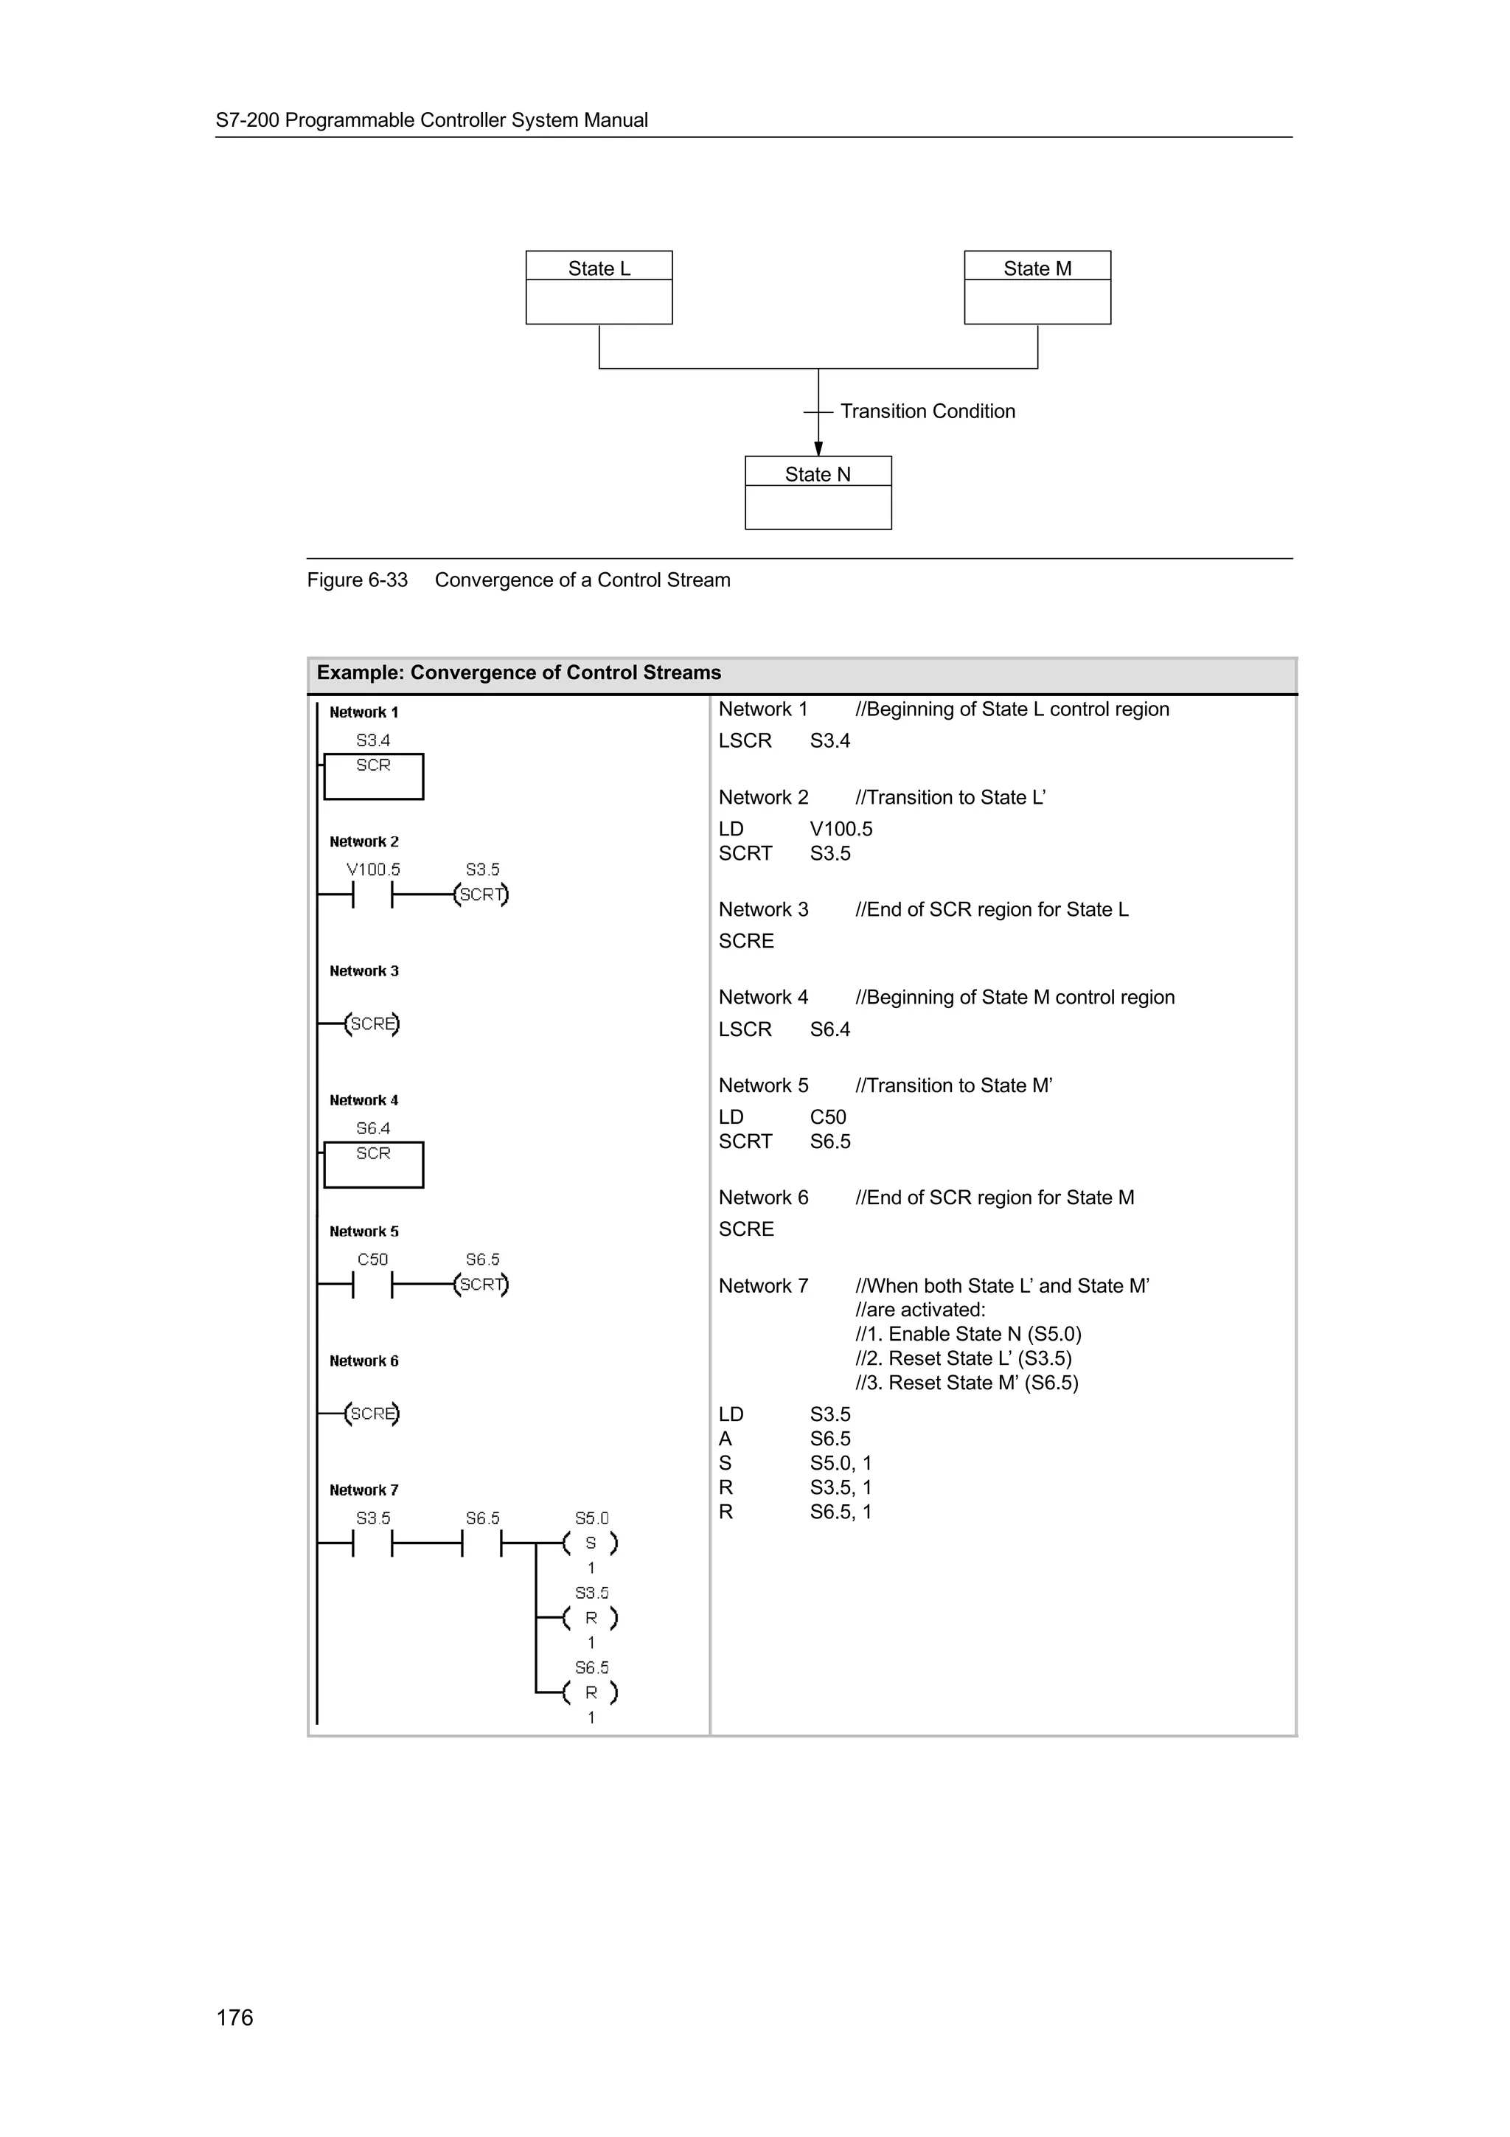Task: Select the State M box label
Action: (x=1037, y=268)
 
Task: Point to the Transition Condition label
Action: (x=927, y=411)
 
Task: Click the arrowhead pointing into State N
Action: (x=818, y=448)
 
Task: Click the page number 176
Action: (x=234, y=2017)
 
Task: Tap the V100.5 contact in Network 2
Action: (x=372, y=895)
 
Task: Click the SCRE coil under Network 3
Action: (x=372, y=1024)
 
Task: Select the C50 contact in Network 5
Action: (x=372, y=1285)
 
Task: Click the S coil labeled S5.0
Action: (x=590, y=1543)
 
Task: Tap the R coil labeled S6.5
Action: (x=590, y=1692)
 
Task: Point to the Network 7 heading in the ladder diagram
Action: (x=363, y=1490)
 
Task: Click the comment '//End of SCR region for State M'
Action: (x=994, y=1197)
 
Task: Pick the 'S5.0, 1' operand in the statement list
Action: (x=840, y=1463)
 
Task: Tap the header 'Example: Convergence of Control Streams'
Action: (x=518, y=673)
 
